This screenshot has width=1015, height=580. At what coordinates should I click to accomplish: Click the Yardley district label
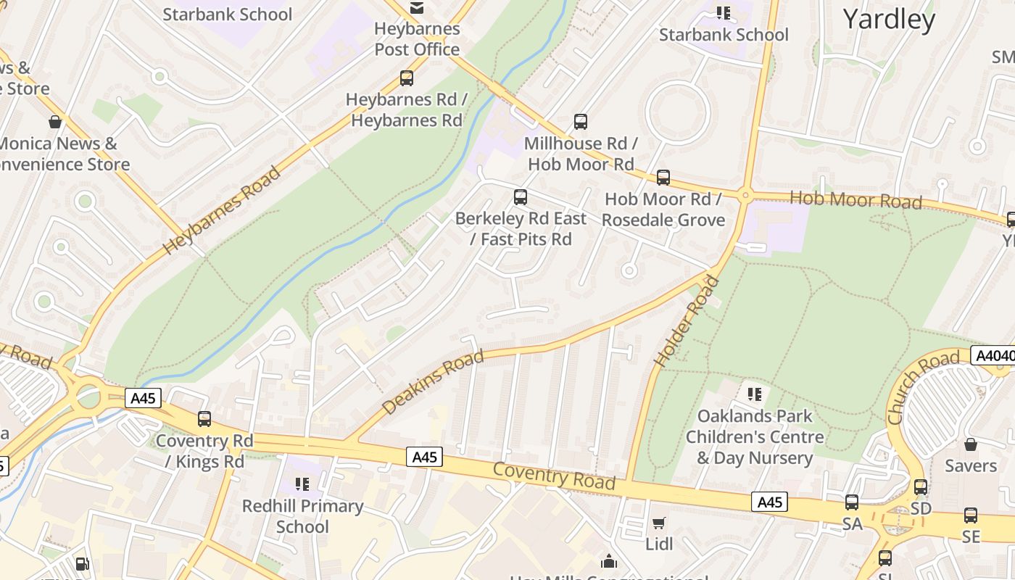point(889,20)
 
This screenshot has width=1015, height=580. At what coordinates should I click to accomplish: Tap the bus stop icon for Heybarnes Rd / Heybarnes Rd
point(407,78)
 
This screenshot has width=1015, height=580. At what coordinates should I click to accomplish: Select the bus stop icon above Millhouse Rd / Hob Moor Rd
point(580,122)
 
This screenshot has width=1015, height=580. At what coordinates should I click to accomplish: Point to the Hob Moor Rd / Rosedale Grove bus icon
point(663,178)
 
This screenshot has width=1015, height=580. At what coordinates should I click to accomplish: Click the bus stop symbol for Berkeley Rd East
point(520,196)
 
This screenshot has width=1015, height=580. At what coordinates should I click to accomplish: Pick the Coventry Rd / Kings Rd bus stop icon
point(204,419)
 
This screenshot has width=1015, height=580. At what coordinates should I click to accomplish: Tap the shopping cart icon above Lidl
point(659,523)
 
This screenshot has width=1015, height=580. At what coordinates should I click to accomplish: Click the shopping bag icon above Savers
point(970,444)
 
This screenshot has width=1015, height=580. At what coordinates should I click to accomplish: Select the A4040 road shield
point(992,356)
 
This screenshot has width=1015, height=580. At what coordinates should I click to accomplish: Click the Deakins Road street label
point(432,383)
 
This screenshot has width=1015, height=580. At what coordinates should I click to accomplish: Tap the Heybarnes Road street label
point(221,210)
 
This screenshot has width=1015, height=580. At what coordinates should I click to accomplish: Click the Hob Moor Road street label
point(855,199)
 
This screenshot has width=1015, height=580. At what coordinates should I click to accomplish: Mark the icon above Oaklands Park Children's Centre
point(755,394)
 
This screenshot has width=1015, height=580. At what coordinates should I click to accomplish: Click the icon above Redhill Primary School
point(302,484)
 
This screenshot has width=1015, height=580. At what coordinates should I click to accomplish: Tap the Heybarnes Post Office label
point(417,39)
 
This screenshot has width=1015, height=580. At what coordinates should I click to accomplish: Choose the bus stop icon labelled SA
point(852,502)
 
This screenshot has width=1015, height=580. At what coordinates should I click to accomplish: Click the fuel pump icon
point(83,564)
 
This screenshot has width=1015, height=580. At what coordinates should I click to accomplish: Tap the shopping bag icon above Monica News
point(55,121)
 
